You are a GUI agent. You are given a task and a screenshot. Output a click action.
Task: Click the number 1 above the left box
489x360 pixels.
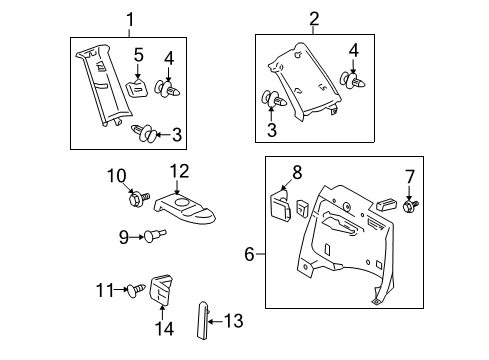coord(127,18)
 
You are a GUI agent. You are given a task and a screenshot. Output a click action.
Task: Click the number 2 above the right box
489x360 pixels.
coord(286,18)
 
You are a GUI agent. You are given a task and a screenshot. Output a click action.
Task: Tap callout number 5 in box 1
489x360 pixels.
coord(140,54)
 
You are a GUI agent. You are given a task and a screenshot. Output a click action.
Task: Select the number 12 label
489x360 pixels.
coord(179,171)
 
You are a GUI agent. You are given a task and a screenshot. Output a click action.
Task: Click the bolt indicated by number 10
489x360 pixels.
coord(137,200)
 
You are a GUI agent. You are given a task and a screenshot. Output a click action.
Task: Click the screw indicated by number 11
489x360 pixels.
coord(137,290)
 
